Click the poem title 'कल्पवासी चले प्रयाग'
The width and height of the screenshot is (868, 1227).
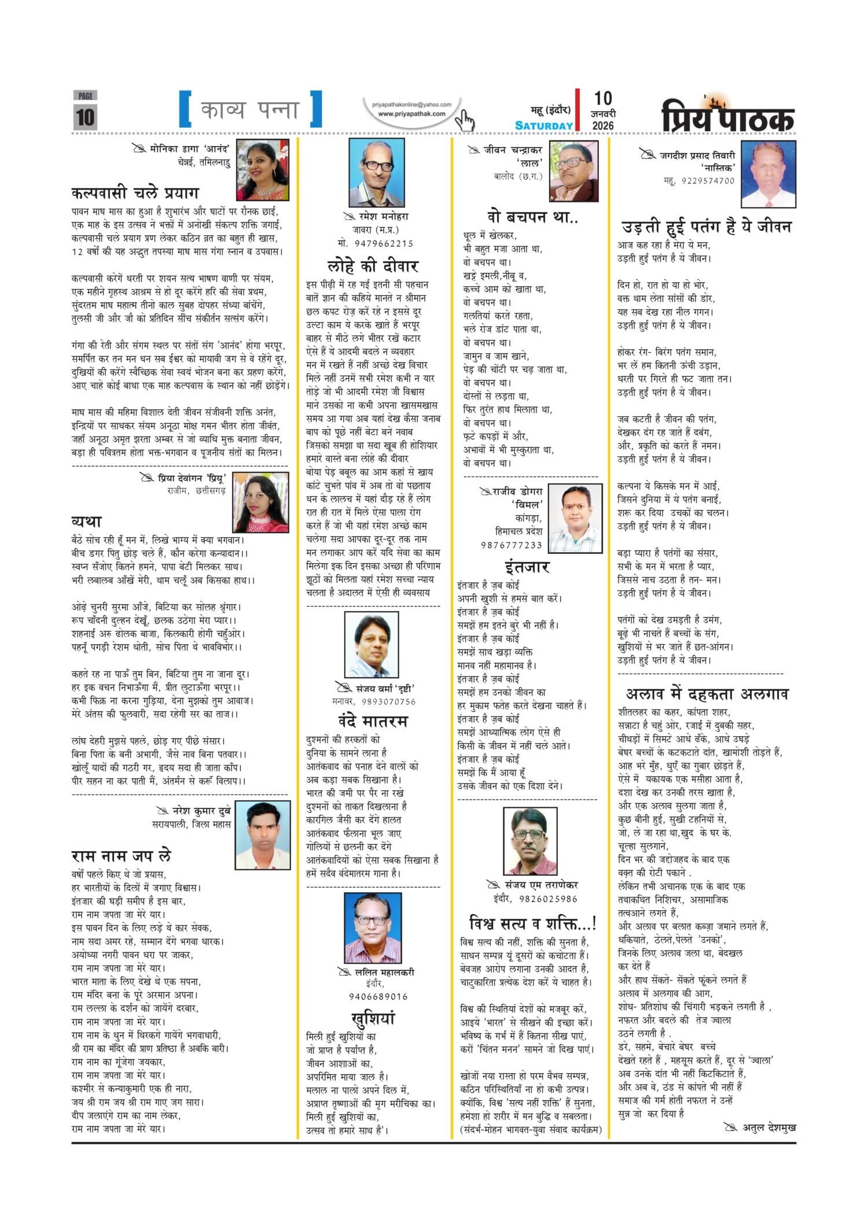pyautogui.click(x=135, y=193)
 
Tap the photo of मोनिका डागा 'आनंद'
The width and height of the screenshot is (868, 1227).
pyautogui.click(x=263, y=170)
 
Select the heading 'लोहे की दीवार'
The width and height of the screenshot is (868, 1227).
pyautogui.click(x=372, y=266)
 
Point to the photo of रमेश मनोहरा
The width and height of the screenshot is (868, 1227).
pyautogui.click(x=376, y=172)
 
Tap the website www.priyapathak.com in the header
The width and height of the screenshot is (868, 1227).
pyautogui.click(x=411, y=114)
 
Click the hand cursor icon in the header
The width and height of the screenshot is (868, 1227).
pyautogui.click(x=464, y=120)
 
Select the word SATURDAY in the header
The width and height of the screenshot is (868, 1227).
pyautogui.click(x=544, y=125)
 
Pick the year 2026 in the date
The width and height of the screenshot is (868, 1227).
pyautogui.click(x=603, y=125)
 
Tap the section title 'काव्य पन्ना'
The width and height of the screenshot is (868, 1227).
pyautogui.click(x=250, y=109)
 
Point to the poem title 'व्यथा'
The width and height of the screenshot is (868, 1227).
pyautogui.click(x=86, y=522)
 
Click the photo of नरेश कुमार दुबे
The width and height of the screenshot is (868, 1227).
pyautogui.click(x=263, y=834)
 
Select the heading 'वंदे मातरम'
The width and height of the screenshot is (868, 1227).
pyautogui.click(x=373, y=722)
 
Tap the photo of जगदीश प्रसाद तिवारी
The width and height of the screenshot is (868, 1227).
pyautogui.click(x=768, y=174)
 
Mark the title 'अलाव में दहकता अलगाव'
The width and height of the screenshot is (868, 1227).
pyautogui.click(x=707, y=694)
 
